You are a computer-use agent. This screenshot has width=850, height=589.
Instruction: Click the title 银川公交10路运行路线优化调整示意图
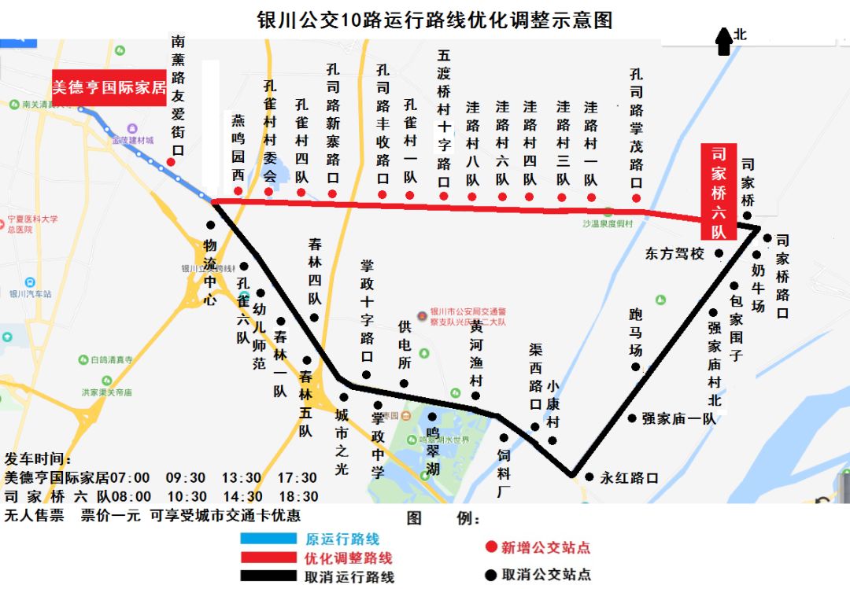click(x=434, y=20)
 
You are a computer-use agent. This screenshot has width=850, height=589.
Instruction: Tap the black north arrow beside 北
click(x=722, y=40)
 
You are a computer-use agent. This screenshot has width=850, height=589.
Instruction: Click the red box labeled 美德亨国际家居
click(x=109, y=87)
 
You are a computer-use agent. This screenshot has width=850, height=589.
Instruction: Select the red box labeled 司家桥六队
click(x=719, y=192)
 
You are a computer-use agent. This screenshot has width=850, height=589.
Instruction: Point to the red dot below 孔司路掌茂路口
click(x=636, y=198)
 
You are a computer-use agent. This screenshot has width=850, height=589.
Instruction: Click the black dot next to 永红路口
click(x=589, y=477)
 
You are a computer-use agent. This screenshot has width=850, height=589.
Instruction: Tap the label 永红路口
click(x=629, y=477)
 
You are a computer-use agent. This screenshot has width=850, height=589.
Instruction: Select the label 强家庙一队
click(x=679, y=418)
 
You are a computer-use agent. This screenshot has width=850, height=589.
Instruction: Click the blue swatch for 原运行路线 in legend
click(x=268, y=539)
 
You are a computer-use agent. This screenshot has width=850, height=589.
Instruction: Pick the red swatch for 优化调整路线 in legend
click(x=268, y=558)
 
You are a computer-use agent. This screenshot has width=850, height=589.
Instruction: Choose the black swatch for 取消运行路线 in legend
click(x=268, y=576)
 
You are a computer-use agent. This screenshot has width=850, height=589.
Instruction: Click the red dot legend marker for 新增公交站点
click(x=490, y=547)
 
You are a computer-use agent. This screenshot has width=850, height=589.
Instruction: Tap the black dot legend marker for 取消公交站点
click(x=490, y=575)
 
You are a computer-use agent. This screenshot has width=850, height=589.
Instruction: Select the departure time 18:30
click(x=299, y=497)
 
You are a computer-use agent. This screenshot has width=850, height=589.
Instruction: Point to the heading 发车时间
click(x=38, y=458)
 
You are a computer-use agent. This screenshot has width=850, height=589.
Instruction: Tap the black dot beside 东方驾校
click(x=719, y=253)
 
